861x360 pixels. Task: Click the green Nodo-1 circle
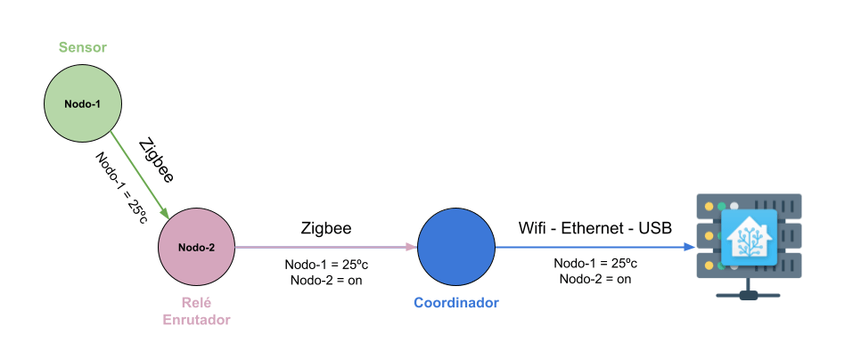(x=83, y=103)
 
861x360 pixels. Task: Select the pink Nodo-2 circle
(x=196, y=247)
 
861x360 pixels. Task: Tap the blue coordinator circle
(x=456, y=247)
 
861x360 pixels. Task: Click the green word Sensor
(x=83, y=46)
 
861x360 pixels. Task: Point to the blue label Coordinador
(x=456, y=303)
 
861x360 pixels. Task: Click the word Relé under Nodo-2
(x=196, y=303)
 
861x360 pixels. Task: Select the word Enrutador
(x=196, y=319)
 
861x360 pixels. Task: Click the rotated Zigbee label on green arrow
(x=157, y=160)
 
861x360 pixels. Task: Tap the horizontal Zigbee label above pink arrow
(x=326, y=228)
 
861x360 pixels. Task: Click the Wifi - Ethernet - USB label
(x=594, y=228)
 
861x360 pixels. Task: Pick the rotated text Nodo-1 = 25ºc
(x=121, y=187)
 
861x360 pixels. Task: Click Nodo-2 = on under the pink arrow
(x=326, y=280)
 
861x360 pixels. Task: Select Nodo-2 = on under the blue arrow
(x=594, y=279)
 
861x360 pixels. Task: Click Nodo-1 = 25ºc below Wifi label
(x=594, y=264)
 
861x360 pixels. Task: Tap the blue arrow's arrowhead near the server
(x=690, y=247)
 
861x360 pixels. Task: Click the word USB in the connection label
(x=654, y=228)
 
